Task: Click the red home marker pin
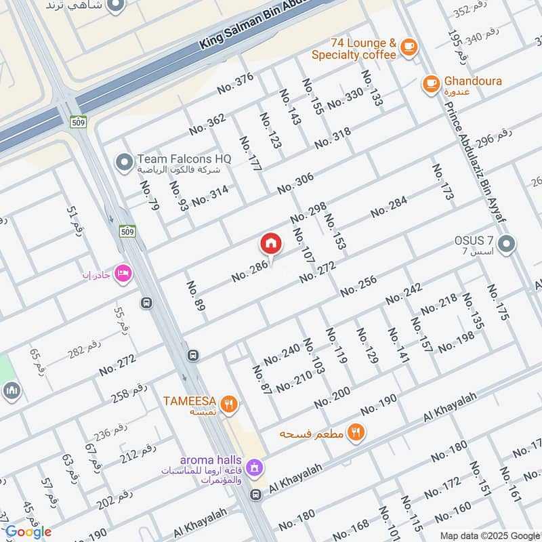(x=270, y=243)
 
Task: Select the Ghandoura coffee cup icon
(x=430, y=83)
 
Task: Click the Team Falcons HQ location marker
(x=124, y=162)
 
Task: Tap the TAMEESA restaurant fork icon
(x=230, y=404)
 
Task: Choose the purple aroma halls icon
(x=254, y=467)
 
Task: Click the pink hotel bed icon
(x=123, y=273)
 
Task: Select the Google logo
(x=28, y=532)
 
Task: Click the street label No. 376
(x=235, y=83)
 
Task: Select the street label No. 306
(x=295, y=182)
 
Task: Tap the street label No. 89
(x=196, y=296)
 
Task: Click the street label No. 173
(x=442, y=182)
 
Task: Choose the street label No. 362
(x=207, y=124)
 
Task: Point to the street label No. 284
(x=389, y=207)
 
